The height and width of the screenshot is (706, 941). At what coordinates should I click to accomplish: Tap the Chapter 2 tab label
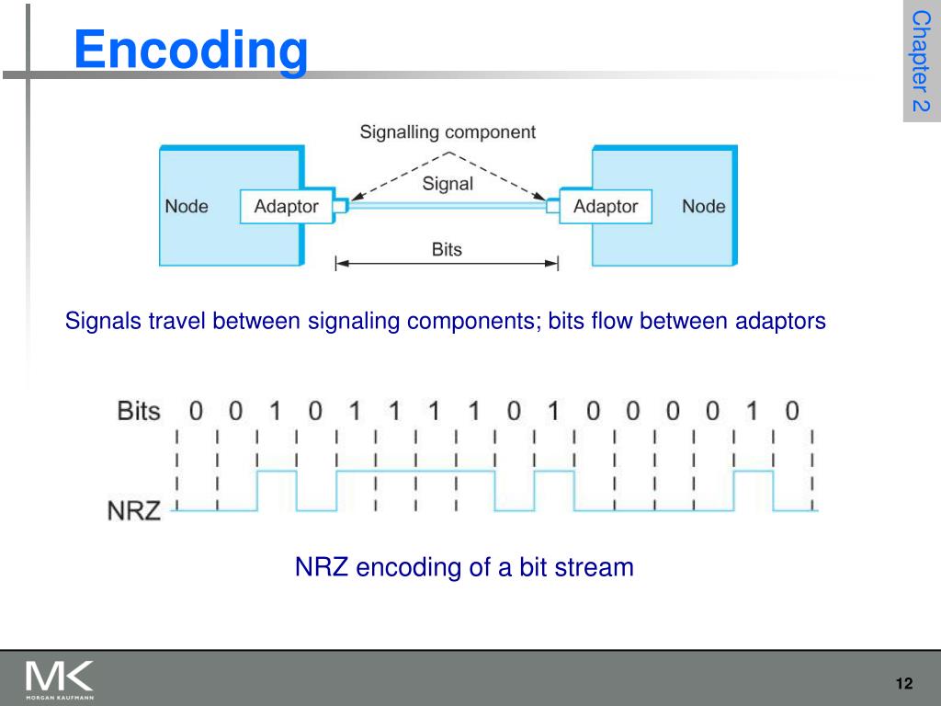[921, 62]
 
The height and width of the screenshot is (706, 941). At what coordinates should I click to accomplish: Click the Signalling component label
[447, 132]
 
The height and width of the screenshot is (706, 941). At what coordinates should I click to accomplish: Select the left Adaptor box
[286, 207]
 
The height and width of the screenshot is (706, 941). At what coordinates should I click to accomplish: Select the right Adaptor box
[606, 207]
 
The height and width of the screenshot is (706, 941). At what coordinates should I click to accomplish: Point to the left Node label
[187, 207]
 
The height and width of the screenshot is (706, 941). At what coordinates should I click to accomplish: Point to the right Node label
[703, 207]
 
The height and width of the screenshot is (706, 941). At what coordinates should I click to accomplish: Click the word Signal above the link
[448, 184]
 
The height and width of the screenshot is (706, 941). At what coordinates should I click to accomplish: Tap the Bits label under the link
[447, 249]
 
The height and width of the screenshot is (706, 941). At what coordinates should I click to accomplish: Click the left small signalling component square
[339, 207]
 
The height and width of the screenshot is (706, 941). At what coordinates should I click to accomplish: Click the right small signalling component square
[553, 207]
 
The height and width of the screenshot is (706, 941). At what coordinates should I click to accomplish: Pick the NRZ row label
[134, 508]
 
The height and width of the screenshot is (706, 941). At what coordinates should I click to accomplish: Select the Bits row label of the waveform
[139, 411]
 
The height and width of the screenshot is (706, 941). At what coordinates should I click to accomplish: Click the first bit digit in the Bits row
[196, 411]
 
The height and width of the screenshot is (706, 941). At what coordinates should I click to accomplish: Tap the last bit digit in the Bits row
[792, 411]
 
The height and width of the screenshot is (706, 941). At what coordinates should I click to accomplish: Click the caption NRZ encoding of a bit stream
[464, 566]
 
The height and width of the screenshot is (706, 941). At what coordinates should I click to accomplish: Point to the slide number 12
[903, 683]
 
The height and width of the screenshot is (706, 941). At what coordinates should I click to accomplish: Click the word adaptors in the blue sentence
[780, 321]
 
